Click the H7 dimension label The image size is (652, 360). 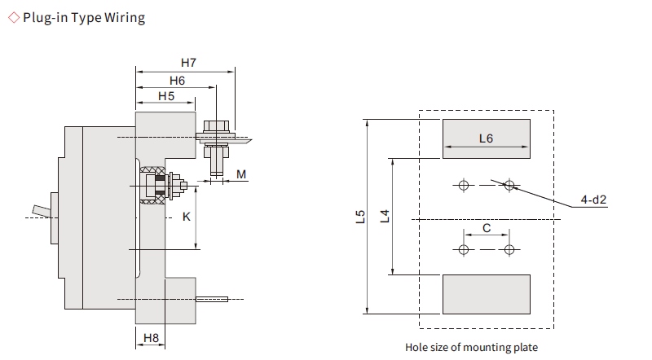click(x=188, y=63)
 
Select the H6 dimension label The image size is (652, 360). click(x=177, y=80)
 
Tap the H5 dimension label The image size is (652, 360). click(x=166, y=96)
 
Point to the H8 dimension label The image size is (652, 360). click(x=151, y=338)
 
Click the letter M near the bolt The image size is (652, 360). click(x=241, y=174)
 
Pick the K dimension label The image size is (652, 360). click(x=186, y=217)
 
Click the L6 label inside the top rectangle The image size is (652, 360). click(x=486, y=138)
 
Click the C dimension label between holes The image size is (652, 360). click(x=487, y=229)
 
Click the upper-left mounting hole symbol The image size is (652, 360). click(x=464, y=185)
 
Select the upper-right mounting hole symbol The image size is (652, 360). click(x=509, y=185)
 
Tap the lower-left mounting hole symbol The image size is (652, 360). click(x=464, y=248)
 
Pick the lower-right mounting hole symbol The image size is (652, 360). click(x=509, y=248)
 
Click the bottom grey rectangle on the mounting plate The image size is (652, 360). click(x=486, y=294)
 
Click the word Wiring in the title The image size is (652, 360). click(x=125, y=18)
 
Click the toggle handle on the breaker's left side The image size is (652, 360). click(x=41, y=212)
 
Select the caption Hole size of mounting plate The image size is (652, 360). click(x=471, y=347)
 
